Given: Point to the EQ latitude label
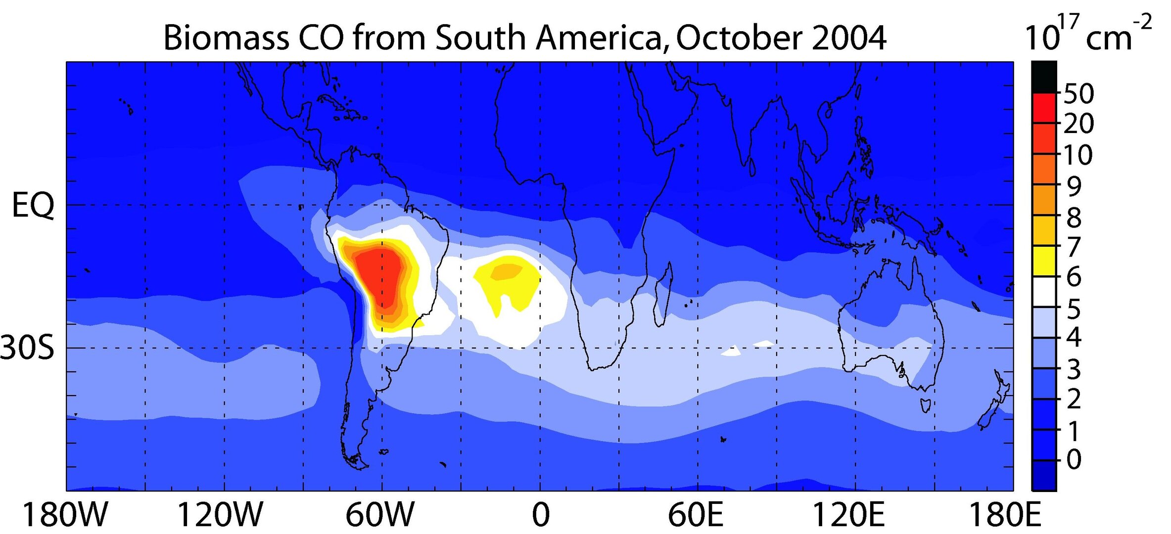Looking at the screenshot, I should point(33,206).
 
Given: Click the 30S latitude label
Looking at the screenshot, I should point(27,348).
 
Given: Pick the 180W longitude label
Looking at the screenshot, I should point(65,515).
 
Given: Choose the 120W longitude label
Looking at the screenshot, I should point(220,515).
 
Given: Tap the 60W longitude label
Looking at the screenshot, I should point(380,515).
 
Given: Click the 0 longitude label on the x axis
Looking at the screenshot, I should point(541,515).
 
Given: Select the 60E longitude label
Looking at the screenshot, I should point(696,515).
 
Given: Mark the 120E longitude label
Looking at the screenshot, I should point(849,515).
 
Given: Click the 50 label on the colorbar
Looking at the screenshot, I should point(1078,93).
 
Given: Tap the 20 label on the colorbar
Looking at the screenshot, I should point(1078,124).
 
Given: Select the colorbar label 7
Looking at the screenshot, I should point(1073,247).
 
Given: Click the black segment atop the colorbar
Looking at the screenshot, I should point(1044,77).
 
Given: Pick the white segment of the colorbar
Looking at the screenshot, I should point(1044,292).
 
